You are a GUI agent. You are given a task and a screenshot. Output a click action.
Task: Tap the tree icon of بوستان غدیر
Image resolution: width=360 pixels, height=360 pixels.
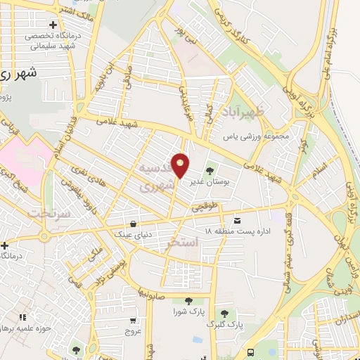tap(209, 171)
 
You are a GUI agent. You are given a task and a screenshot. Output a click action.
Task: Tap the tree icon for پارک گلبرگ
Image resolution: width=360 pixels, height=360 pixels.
tap(224, 314)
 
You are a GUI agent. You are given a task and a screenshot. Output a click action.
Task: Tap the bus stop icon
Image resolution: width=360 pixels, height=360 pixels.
tap(251, 353)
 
